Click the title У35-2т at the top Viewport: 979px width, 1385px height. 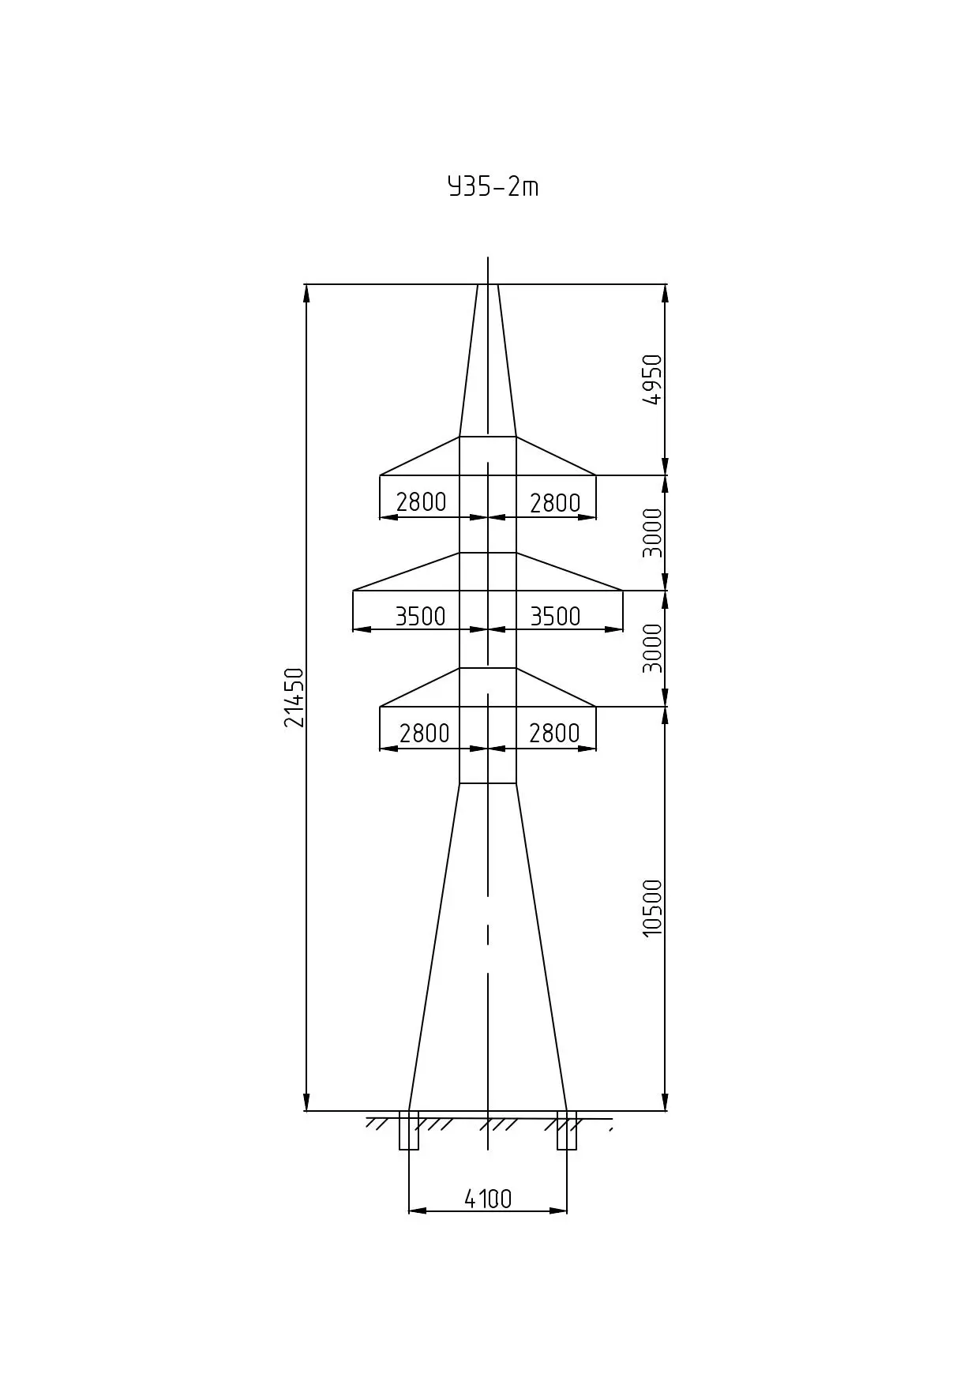pos(493,186)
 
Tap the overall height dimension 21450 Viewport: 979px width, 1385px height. pos(294,697)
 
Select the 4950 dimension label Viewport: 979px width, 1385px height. pos(653,379)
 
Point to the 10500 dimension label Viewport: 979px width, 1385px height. pos(653,908)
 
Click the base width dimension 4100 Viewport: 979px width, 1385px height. pos(488,1199)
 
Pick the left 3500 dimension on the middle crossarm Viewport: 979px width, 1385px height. pos(421,616)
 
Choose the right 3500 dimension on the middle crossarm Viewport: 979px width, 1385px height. pos(555,616)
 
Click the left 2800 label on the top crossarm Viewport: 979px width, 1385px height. pos(421,501)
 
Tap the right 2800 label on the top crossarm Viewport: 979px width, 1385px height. pos(555,502)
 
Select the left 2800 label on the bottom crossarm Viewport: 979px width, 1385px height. pos(424,734)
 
